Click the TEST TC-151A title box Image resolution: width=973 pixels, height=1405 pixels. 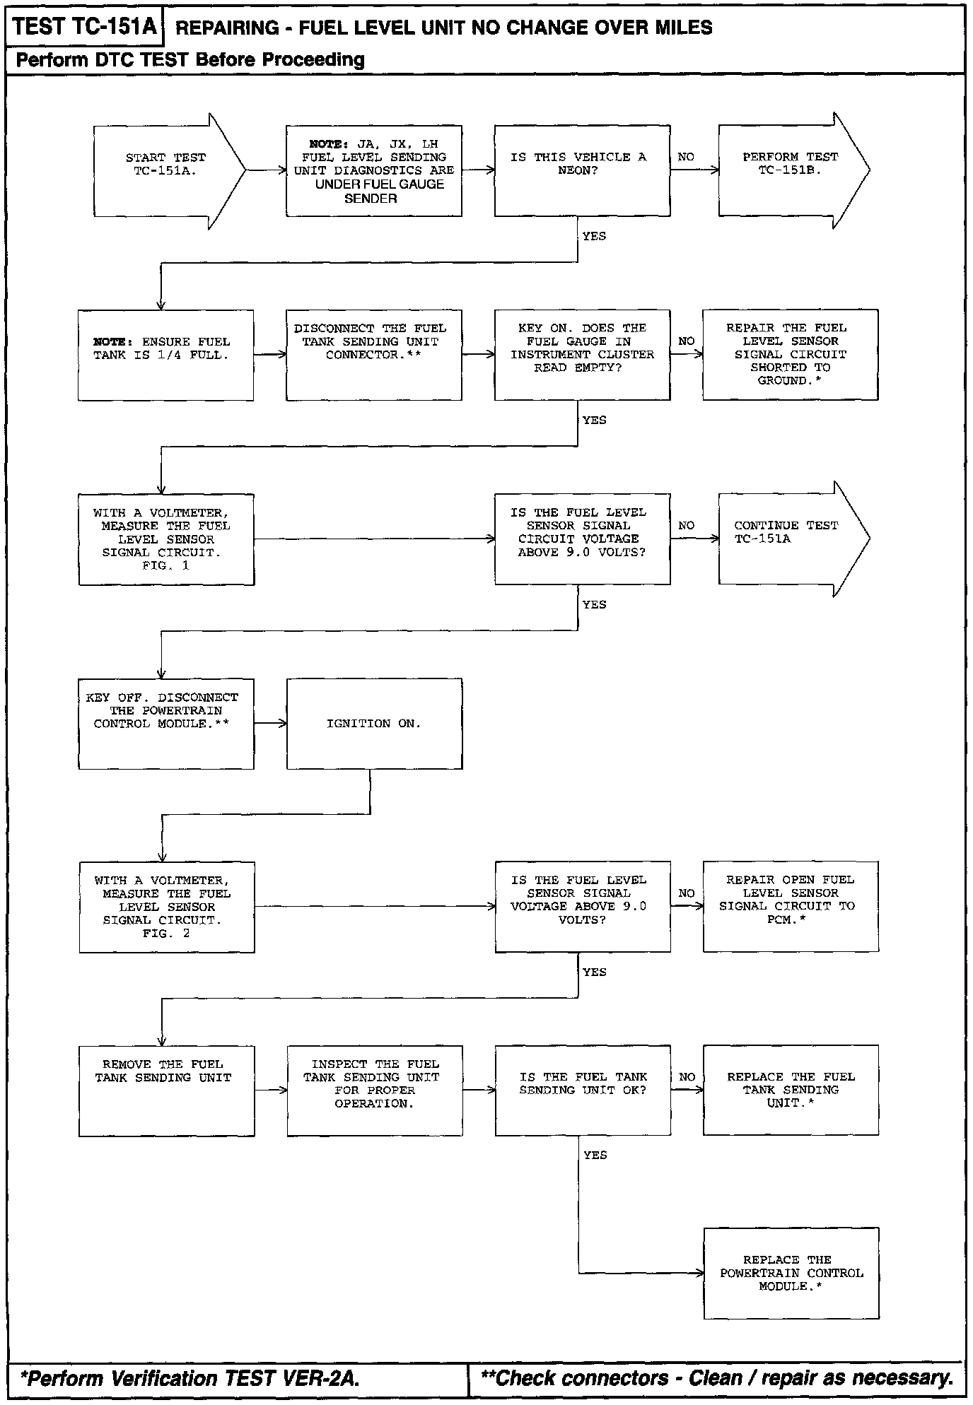tap(84, 27)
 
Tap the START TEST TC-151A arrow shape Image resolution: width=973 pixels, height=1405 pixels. tap(165, 170)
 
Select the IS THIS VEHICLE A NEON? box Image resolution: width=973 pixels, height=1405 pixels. tap(582, 170)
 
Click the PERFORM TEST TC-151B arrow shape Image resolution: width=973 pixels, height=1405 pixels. tap(785, 170)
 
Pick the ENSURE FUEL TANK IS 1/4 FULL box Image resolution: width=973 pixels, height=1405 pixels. tap(165, 355)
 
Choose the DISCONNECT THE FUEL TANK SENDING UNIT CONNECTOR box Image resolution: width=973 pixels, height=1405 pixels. tap(373, 355)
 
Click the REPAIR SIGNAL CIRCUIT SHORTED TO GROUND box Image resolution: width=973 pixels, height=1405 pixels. tap(790, 355)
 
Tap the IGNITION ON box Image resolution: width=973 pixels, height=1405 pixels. tap(374, 724)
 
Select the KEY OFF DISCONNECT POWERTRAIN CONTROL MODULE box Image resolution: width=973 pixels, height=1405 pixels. tap(165, 724)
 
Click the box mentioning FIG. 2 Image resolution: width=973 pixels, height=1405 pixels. tap(166, 907)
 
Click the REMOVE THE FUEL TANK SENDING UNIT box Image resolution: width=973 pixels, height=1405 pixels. tap(166, 1091)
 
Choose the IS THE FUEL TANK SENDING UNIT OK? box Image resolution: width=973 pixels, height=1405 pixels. tap(582, 1091)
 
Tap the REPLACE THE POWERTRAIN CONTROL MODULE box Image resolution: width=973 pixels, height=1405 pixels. tap(791, 1273)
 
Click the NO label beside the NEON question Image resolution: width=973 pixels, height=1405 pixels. tap(686, 157)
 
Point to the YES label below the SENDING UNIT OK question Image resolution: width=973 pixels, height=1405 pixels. tap(595, 1156)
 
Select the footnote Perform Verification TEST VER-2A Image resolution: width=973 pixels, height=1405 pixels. tap(190, 1379)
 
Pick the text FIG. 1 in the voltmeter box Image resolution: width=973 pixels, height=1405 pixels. tap(165, 565)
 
